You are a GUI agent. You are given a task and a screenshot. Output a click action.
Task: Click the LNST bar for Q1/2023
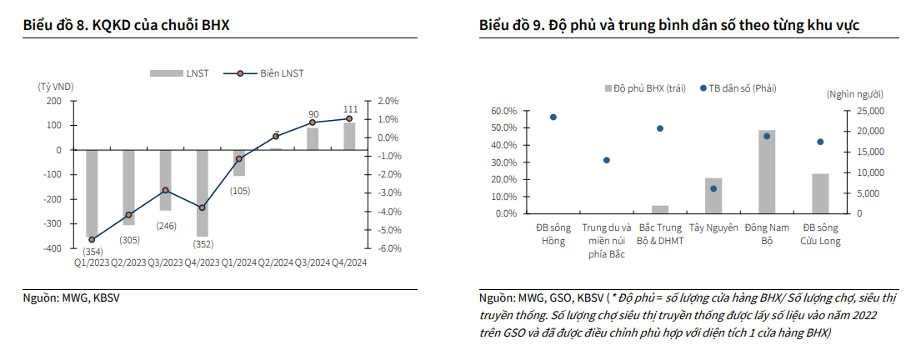pyautogui.click(x=92, y=193)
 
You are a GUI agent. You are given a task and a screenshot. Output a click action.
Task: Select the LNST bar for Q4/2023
pyautogui.click(x=202, y=192)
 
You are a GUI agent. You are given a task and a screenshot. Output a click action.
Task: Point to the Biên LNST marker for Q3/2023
pyautogui.click(x=166, y=190)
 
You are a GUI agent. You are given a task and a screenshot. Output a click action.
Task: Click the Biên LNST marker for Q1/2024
pyautogui.click(x=239, y=158)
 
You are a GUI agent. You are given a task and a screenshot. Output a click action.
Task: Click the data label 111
pyautogui.click(x=351, y=109)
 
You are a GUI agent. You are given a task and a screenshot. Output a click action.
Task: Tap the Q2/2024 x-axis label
pyautogui.click(x=276, y=262)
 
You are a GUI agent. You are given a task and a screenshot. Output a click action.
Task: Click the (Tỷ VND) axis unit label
pyautogui.click(x=56, y=87)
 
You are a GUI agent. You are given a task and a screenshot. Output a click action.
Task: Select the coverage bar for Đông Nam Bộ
pyautogui.click(x=767, y=172)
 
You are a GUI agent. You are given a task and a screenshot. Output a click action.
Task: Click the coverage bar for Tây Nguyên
pyautogui.click(x=713, y=196)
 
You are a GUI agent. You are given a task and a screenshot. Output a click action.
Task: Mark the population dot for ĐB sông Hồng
pyautogui.click(x=553, y=117)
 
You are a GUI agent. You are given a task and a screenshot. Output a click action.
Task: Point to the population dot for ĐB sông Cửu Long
pyautogui.click(x=820, y=142)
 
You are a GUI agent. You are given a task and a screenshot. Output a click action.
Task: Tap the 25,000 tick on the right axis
pyautogui.click(x=870, y=111)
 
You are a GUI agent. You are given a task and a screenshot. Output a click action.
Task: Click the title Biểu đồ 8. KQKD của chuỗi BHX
pyautogui.click(x=126, y=26)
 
